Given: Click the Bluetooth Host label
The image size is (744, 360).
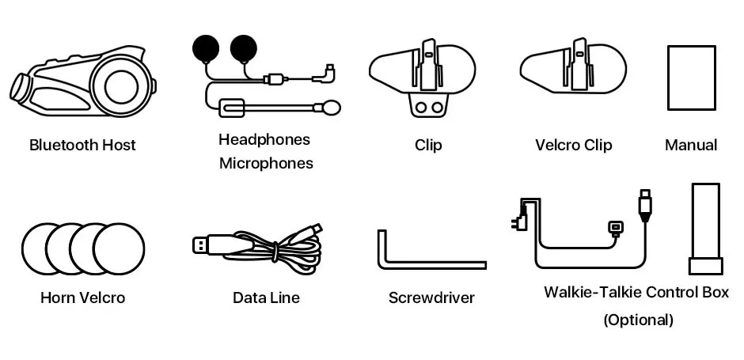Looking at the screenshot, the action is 82,145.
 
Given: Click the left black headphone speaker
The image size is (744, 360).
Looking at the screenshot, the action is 207,49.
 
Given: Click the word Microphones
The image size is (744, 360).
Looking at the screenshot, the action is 265,164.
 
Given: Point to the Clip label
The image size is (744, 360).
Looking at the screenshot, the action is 428,145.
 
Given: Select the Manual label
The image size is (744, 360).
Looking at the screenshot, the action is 691,145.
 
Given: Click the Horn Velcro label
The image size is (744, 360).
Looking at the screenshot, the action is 82,298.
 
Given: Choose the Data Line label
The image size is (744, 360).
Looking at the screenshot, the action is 266,298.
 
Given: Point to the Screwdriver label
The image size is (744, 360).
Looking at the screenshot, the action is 431,298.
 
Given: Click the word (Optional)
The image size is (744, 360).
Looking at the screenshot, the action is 638,320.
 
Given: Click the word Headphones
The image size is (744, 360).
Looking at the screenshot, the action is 264,140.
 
